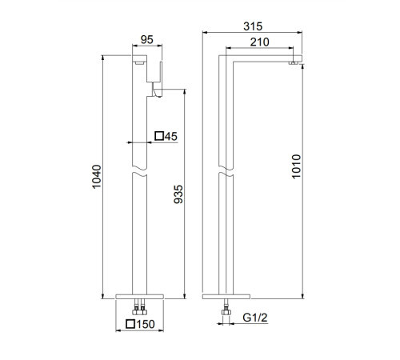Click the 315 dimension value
click(253, 26)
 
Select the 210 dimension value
click(259, 42)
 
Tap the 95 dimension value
click(147, 40)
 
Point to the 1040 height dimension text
click(97, 177)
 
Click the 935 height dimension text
click(178, 194)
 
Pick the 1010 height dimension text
click(296, 166)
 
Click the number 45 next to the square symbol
click(171, 136)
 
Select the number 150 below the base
click(146, 324)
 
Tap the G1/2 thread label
click(255, 318)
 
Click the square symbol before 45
click(159, 136)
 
